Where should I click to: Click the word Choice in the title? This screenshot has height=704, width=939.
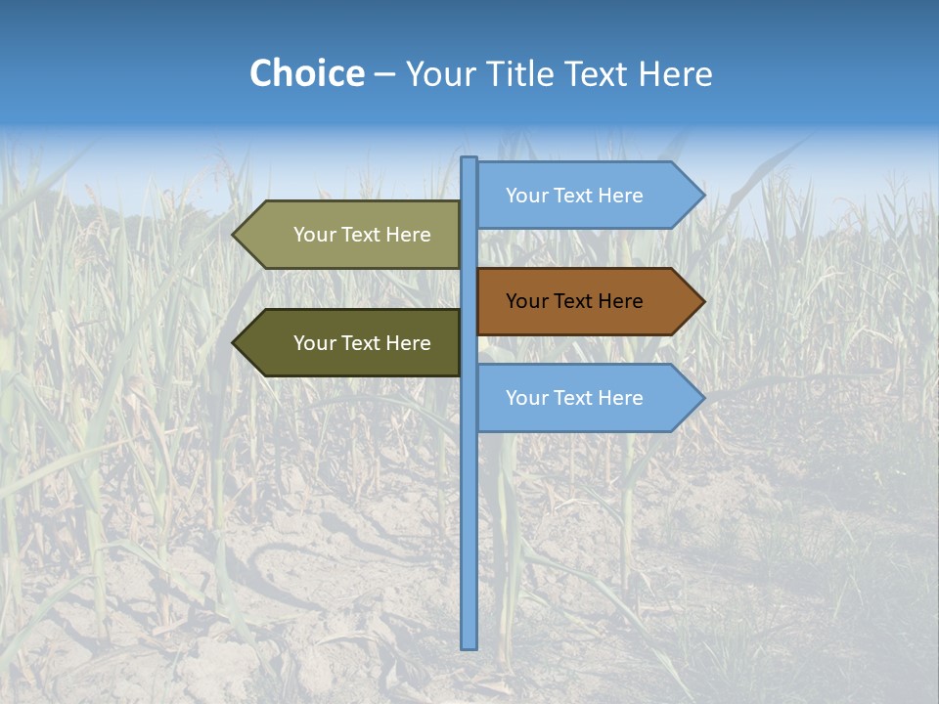tap(306, 73)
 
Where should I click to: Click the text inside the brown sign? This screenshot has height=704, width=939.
tap(574, 301)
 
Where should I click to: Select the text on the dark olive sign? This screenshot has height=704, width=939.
tap(362, 343)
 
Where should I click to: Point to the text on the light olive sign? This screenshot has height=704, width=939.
tap(362, 235)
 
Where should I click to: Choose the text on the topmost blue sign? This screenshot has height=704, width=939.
tap(574, 196)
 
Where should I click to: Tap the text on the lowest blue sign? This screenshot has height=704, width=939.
tap(574, 398)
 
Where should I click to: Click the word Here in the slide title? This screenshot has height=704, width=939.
tap(675, 73)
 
